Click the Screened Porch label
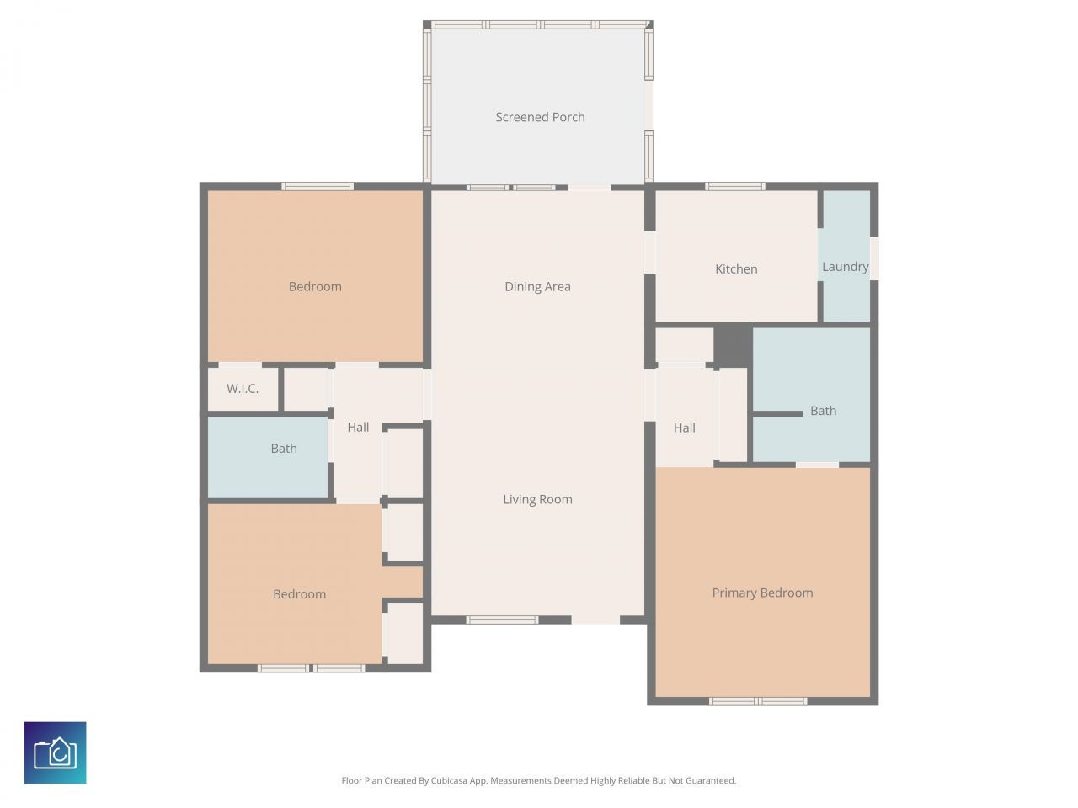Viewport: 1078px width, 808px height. coord(540,117)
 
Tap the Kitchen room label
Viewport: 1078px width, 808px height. coord(736,269)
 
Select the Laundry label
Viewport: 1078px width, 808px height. coord(845,267)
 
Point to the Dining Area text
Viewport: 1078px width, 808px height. coord(537,287)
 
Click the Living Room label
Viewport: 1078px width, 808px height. coord(537,499)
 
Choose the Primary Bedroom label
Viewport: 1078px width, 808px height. coord(762,593)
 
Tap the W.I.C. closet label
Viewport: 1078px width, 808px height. coord(243,389)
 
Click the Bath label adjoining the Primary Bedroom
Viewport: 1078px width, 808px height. coord(823,411)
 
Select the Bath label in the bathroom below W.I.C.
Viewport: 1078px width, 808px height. coord(284,449)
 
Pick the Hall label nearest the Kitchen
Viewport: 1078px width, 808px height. coord(684,428)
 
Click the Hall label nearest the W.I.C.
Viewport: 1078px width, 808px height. coord(358,427)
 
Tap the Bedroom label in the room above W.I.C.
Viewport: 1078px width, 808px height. coord(315,286)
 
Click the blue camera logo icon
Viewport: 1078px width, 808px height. coord(56,752)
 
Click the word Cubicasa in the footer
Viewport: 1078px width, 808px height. coord(450,781)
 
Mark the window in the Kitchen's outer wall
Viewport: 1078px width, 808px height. coord(734,186)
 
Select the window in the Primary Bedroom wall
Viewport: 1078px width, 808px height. coord(758,701)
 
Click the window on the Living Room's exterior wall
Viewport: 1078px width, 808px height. coord(502,620)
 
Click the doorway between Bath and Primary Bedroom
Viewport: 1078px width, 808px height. coord(817,465)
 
